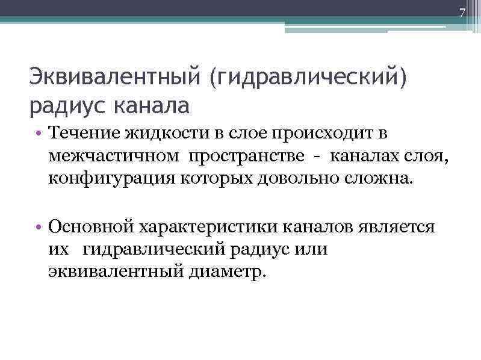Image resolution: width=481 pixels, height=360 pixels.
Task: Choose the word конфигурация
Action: coord(110,179)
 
